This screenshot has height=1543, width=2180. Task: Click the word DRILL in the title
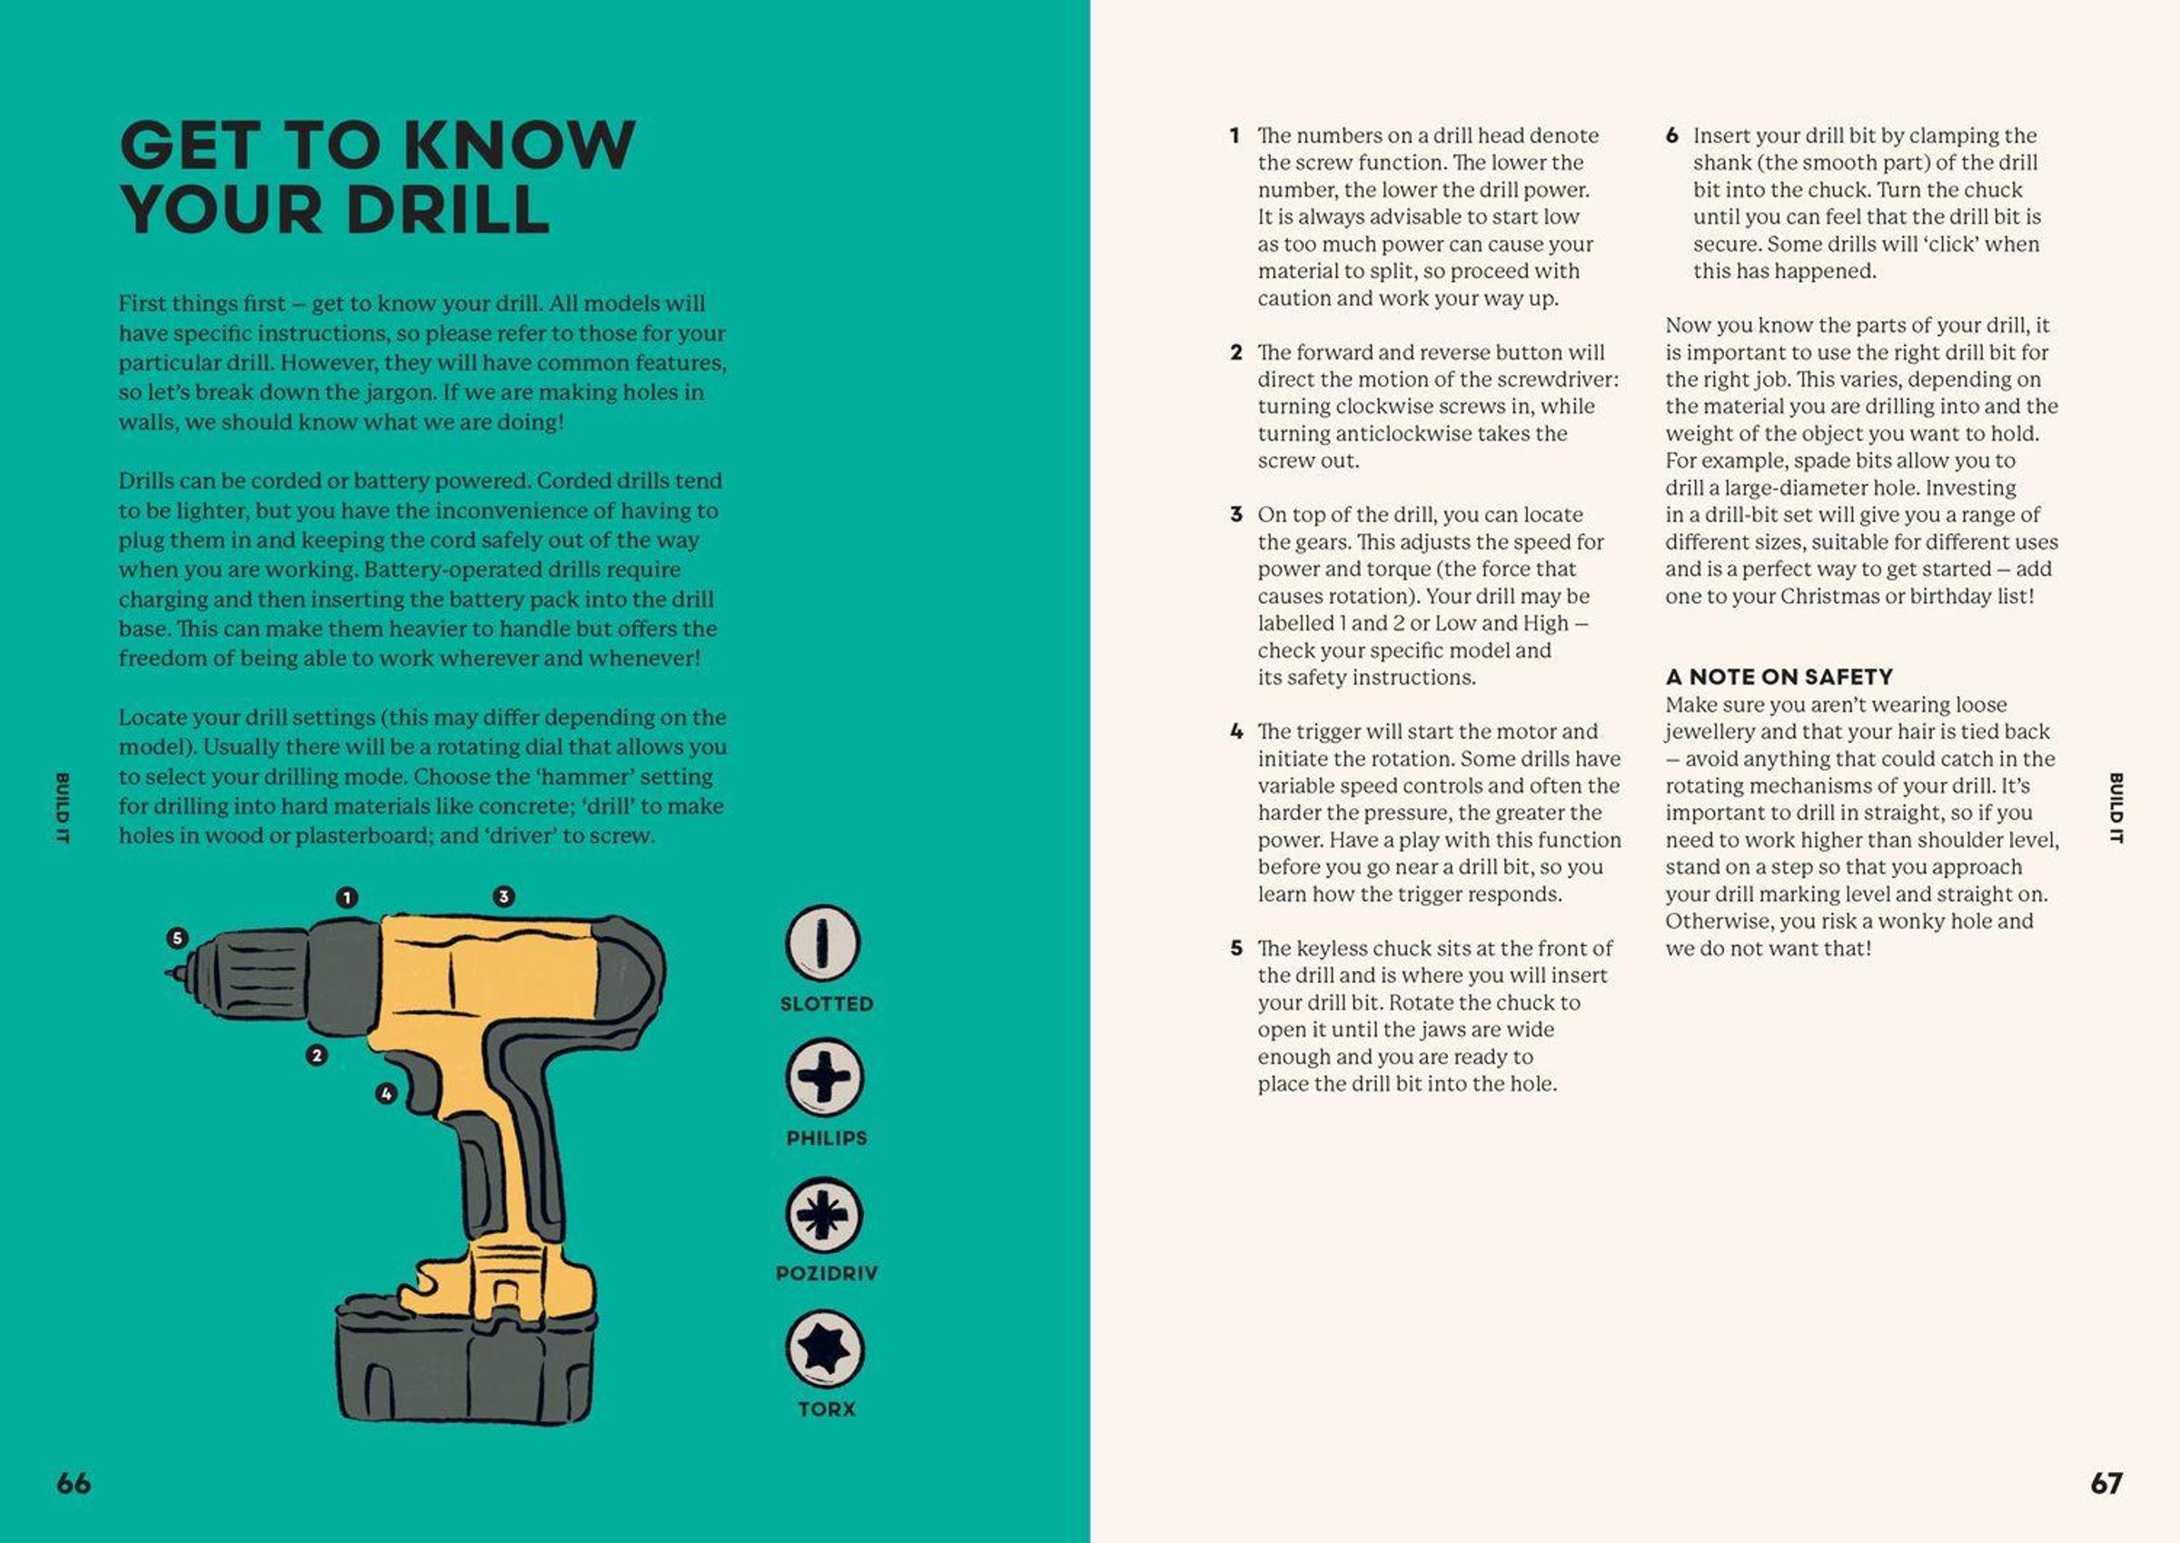click(447, 209)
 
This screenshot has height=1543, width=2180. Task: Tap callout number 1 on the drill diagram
click(347, 897)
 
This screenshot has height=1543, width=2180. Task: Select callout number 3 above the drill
click(503, 896)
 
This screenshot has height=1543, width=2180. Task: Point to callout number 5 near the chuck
click(177, 938)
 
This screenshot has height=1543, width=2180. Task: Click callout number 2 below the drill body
click(316, 1054)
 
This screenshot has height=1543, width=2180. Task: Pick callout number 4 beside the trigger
click(386, 1093)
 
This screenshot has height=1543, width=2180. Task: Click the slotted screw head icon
click(823, 944)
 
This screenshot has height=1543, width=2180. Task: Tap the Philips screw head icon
click(824, 1077)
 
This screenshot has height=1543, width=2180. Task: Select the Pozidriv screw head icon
click(824, 1214)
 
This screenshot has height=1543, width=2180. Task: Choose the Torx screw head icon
click(824, 1350)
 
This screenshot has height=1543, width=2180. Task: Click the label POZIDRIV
click(827, 1273)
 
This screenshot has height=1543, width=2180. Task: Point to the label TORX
click(827, 1409)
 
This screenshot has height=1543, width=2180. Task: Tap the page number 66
click(74, 1483)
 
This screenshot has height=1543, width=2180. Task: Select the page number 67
click(2106, 1483)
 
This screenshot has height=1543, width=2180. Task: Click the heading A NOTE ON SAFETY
click(1779, 677)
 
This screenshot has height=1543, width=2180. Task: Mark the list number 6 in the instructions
click(1672, 136)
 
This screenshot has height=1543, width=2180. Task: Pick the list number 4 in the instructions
click(1236, 732)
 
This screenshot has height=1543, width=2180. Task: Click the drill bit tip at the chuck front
click(172, 974)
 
